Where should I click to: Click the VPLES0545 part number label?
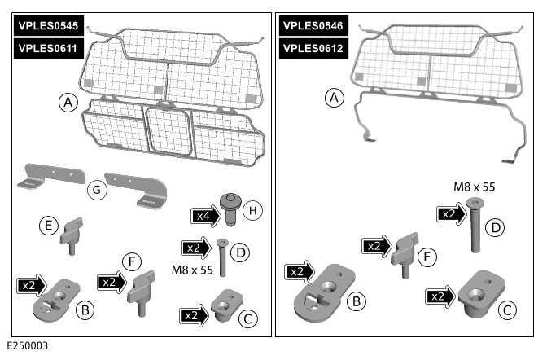coord(47,27)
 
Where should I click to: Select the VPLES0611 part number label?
coord(47,48)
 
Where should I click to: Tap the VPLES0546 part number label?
coord(313,27)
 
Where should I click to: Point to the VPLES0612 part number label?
coord(313,48)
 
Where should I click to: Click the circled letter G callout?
coord(96,189)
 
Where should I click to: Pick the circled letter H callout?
coord(253,211)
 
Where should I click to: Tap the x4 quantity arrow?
coord(203,216)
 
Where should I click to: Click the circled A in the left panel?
coord(68,103)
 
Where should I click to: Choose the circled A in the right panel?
coord(333,99)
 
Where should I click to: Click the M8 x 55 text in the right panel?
coord(475,187)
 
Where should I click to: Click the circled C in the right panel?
coord(506,309)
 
